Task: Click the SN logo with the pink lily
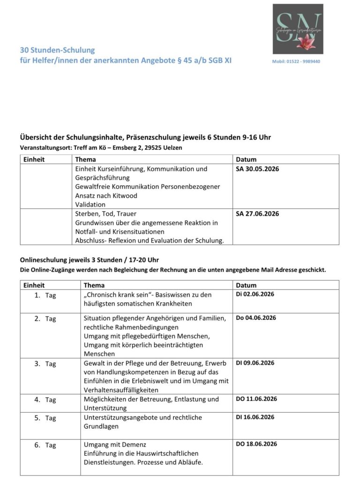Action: coord(298,29)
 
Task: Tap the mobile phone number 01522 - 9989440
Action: coord(302,61)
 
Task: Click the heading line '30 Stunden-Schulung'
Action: coord(57,50)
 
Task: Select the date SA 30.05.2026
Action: coord(257,169)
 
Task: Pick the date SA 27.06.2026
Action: coord(257,214)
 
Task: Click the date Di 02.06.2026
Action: coord(255,294)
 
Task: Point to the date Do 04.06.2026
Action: coord(256,318)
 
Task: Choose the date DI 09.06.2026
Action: coord(255,363)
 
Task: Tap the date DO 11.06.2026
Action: coord(256,399)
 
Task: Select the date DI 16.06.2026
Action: coord(255,417)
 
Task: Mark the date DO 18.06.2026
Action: coord(256,444)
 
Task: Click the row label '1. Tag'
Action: coord(45,296)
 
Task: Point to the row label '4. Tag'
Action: coord(45,400)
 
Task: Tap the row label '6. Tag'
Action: coord(45,445)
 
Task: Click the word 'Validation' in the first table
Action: coord(90,205)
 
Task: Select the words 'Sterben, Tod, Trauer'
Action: coord(105,214)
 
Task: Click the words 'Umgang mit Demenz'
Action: coord(112,445)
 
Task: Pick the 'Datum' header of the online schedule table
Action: coord(246,285)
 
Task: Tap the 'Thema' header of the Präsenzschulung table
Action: coord(85,159)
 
